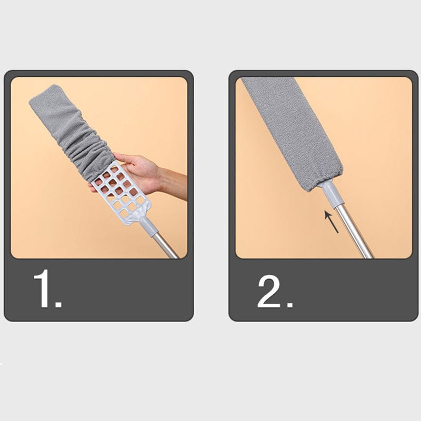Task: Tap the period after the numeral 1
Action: [58, 304]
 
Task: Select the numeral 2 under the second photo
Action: [269, 292]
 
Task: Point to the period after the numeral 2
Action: [290, 304]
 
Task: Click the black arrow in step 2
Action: [332, 222]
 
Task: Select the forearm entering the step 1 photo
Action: [174, 183]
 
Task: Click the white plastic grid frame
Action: [121, 192]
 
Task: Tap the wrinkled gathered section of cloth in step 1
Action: [88, 151]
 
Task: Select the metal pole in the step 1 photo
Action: [165, 245]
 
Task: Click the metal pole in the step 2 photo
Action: [354, 233]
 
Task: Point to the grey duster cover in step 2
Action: [293, 132]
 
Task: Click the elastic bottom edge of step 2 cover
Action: [324, 181]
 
